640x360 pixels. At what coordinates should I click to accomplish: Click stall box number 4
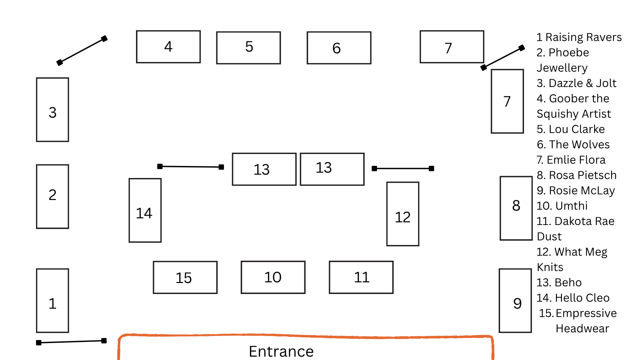[168, 47]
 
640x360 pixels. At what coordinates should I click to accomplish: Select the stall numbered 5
[248, 48]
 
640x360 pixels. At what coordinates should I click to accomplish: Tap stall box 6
[339, 48]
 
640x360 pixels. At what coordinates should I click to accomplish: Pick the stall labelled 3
[53, 110]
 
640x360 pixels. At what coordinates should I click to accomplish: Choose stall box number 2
[53, 196]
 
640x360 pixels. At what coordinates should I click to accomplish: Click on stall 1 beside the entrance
[53, 301]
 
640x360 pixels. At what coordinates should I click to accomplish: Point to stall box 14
[145, 210]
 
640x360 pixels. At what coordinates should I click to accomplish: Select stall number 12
[403, 214]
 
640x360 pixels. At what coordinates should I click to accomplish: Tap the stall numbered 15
[185, 277]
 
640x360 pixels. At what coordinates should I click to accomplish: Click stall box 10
[273, 277]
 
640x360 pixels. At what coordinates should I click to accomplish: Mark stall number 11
[361, 277]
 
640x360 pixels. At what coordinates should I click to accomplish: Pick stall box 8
[516, 208]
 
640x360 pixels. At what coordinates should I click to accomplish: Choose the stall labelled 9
[515, 301]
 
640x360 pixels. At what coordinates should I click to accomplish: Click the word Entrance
[281, 351]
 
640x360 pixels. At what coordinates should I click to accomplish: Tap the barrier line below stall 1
[71, 342]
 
